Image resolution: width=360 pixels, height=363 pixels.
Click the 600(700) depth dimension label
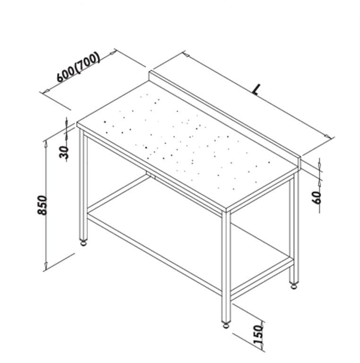[x=78, y=67]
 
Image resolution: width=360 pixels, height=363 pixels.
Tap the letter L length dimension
[x=256, y=89]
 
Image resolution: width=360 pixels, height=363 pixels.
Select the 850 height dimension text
[x=43, y=205]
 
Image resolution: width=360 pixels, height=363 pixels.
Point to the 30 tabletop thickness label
[x=64, y=152]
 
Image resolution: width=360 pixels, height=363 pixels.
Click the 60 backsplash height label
[x=317, y=198]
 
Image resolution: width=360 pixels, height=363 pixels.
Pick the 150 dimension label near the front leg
[x=258, y=334]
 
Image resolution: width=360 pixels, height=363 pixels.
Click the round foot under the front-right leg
[x=226, y=325]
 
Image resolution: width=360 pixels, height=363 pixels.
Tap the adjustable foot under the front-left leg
[x=83, y=242]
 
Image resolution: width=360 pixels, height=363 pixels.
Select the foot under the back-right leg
[x=294, y=286]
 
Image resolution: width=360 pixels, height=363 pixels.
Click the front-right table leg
[x=226, y=267]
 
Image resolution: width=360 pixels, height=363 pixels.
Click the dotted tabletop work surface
[x=188, y=146]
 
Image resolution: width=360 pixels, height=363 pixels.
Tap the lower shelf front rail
[x=154, y=254]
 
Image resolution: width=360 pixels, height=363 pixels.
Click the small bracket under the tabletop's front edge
[x=151, y=175]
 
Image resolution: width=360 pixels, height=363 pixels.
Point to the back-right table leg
[x=294, y=228]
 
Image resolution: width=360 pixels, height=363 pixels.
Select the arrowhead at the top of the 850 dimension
[x=46, y=144]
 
